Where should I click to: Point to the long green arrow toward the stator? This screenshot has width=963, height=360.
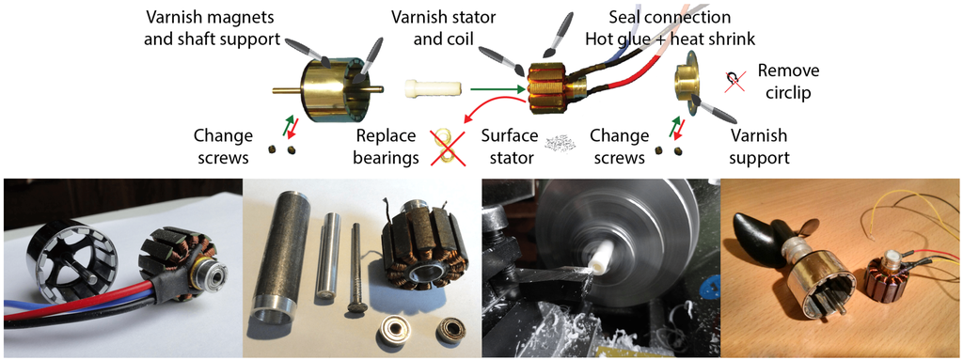click(498, 90)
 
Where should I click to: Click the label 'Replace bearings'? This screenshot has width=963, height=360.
click(387, 147)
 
